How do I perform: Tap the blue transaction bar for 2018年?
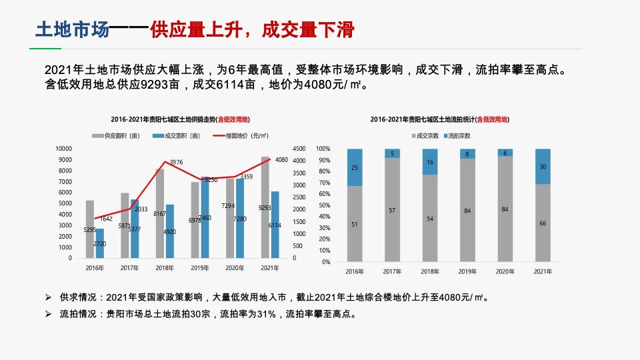[169, 227]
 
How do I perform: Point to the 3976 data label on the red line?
[176, 162]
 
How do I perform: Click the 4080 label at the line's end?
[281, 159]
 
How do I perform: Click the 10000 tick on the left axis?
[63, 149]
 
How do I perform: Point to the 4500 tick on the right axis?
[299, 149]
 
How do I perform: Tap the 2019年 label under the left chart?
[199, 268]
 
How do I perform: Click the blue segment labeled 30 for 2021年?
[543, 167]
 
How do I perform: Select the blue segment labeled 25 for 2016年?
[354, 167]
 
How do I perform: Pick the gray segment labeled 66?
[543, 223]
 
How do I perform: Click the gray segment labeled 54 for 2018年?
[430, 219]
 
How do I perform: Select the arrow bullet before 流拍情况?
[48, 314]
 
